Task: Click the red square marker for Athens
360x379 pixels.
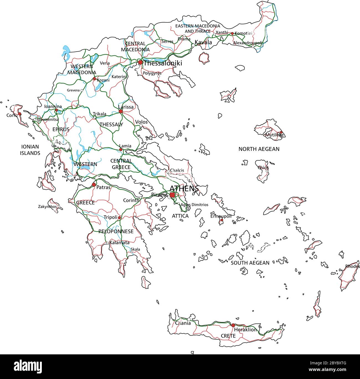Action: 172,195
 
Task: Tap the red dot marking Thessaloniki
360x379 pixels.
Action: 141,62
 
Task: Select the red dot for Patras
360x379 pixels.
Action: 94,184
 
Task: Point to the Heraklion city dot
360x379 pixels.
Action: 233,325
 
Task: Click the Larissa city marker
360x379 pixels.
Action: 121,111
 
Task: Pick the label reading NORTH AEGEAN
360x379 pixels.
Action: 259,149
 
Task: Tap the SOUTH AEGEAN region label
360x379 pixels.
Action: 250,263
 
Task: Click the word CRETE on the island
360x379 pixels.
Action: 228,336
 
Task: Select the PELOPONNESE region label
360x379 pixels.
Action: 116,231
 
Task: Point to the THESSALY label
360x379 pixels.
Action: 111,125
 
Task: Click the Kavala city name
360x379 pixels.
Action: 203,42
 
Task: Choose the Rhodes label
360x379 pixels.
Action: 352,266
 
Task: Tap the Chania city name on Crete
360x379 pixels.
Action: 183,323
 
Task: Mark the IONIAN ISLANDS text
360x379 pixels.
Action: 30,150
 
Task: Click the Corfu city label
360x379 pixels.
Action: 12,115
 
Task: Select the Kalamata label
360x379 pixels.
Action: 119,243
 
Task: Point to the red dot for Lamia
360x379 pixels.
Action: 121,149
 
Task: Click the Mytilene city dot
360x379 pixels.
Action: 281,132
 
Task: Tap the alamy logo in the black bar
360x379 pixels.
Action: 28,367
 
